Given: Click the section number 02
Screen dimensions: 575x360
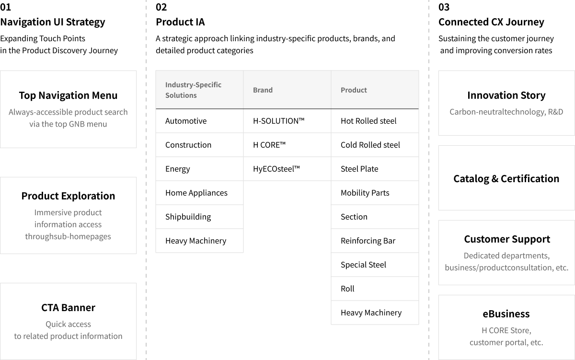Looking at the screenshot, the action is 161,7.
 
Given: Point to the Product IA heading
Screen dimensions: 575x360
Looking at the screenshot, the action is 180,22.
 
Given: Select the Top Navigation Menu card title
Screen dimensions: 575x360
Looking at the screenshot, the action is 68,95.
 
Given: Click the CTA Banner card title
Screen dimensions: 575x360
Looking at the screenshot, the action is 68,308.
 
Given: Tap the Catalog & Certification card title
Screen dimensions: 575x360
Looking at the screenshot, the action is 506,179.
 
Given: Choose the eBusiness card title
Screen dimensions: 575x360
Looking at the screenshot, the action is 506,314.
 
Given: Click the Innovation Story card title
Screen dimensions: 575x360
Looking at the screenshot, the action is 506,95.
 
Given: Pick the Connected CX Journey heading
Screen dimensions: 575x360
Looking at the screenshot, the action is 491,22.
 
